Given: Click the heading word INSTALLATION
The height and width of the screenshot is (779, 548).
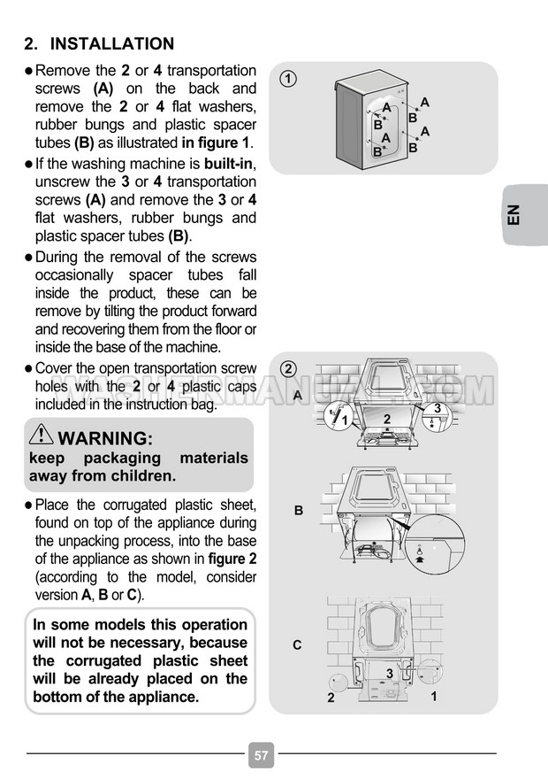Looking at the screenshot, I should [x=112, y=43].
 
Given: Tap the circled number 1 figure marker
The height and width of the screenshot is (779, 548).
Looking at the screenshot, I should [x=288, y=79].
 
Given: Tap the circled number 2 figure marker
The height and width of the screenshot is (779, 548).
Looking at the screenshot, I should [x=288, y=368].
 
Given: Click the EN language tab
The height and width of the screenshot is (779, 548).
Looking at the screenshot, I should [x=515, y=215].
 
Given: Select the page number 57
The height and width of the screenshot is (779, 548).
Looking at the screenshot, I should [x=261, y=755].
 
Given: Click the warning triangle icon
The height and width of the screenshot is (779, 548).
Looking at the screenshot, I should [x=41, y=436].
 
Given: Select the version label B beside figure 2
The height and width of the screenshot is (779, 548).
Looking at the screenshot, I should [x=299, y=511].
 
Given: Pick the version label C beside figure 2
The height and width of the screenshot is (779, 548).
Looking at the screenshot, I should [x=297, y=645].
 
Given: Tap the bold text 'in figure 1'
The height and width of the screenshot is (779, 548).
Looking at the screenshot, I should [x=217, y=143].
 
